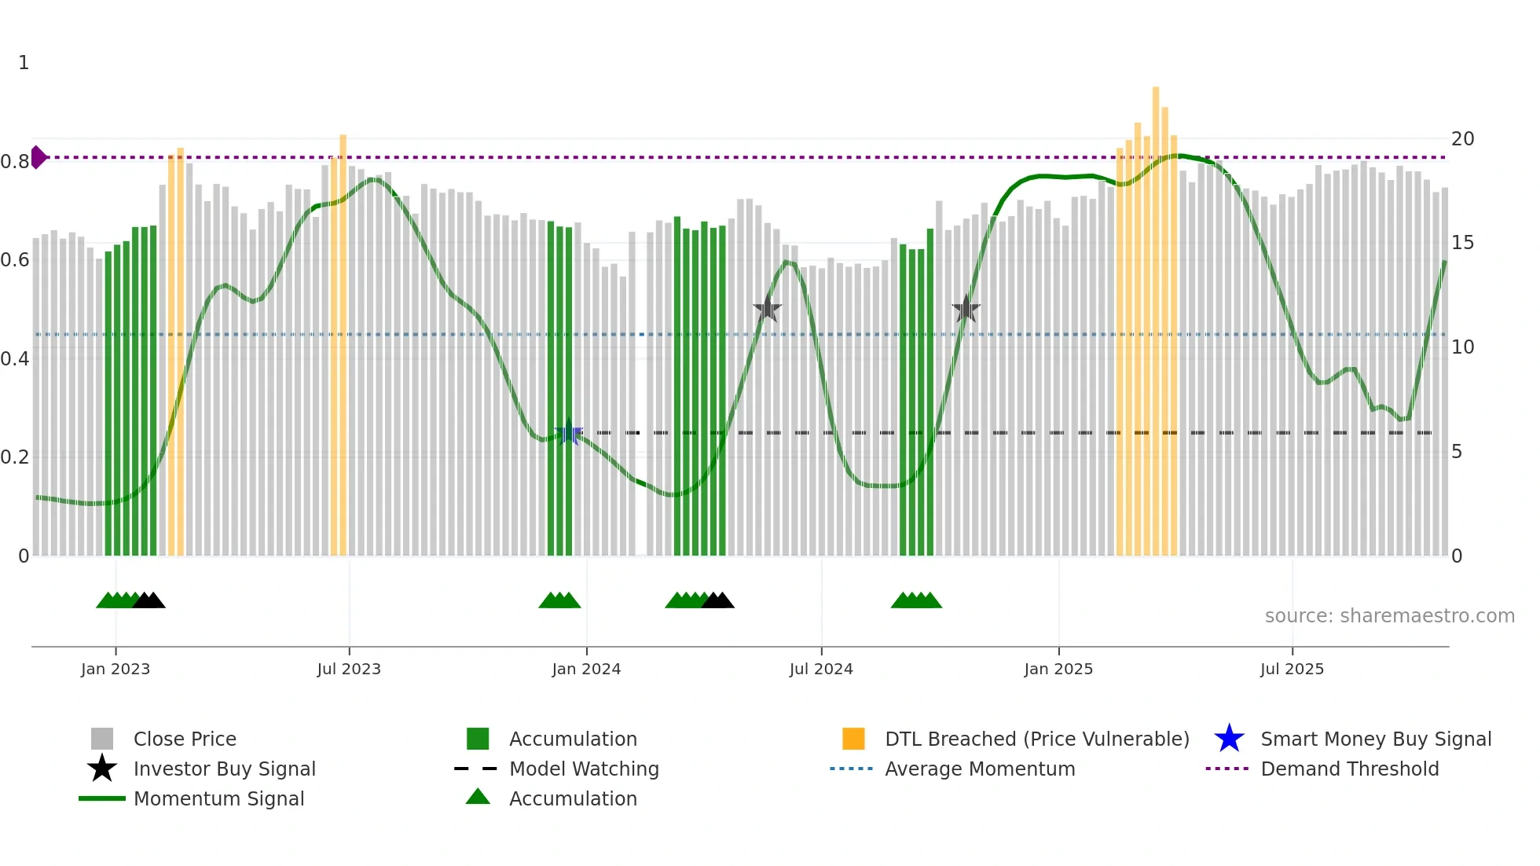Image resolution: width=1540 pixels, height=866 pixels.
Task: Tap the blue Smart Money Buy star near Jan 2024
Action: click(570, 432)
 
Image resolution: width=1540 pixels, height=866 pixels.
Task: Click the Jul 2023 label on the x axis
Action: click(349, 669)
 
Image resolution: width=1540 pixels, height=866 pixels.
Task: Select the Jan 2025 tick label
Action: click(1058, 669)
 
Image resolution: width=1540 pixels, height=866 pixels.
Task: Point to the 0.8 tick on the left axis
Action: click(15, 162)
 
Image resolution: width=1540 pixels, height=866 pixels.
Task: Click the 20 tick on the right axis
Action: click(1462, 139)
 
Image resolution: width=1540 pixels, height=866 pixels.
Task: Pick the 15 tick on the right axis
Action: click(1462, 243)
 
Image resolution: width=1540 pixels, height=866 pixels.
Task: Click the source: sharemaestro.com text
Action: click(1389, 616)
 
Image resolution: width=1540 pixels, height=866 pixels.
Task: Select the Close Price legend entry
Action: click(184, 739)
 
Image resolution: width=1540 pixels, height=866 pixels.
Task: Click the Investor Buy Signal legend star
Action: click(102, 769)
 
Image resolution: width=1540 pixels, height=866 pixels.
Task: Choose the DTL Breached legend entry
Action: click(1036, 739)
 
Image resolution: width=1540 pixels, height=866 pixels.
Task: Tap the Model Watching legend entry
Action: click(583, 769)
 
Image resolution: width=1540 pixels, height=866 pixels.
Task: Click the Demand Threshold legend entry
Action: click(1349, 769)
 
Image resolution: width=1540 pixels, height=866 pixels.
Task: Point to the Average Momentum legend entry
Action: click(979, 769)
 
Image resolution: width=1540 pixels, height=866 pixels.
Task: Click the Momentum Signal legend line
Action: click(102, 798)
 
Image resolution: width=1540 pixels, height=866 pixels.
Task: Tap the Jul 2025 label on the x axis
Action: click(1292, 669)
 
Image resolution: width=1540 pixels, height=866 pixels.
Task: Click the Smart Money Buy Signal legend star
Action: click(1229, 739)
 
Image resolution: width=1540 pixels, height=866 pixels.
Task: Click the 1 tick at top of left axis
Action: click(24, 63)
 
